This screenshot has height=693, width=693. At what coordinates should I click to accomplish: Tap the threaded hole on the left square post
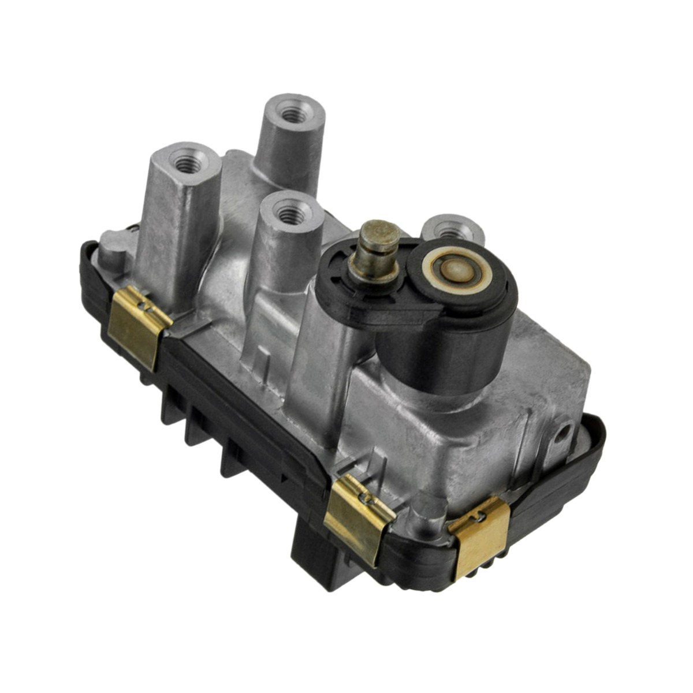pyautogui.click(x=186, y=162)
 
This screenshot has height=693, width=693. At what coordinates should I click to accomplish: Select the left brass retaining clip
pyautogui.click(x=137, y=327)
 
